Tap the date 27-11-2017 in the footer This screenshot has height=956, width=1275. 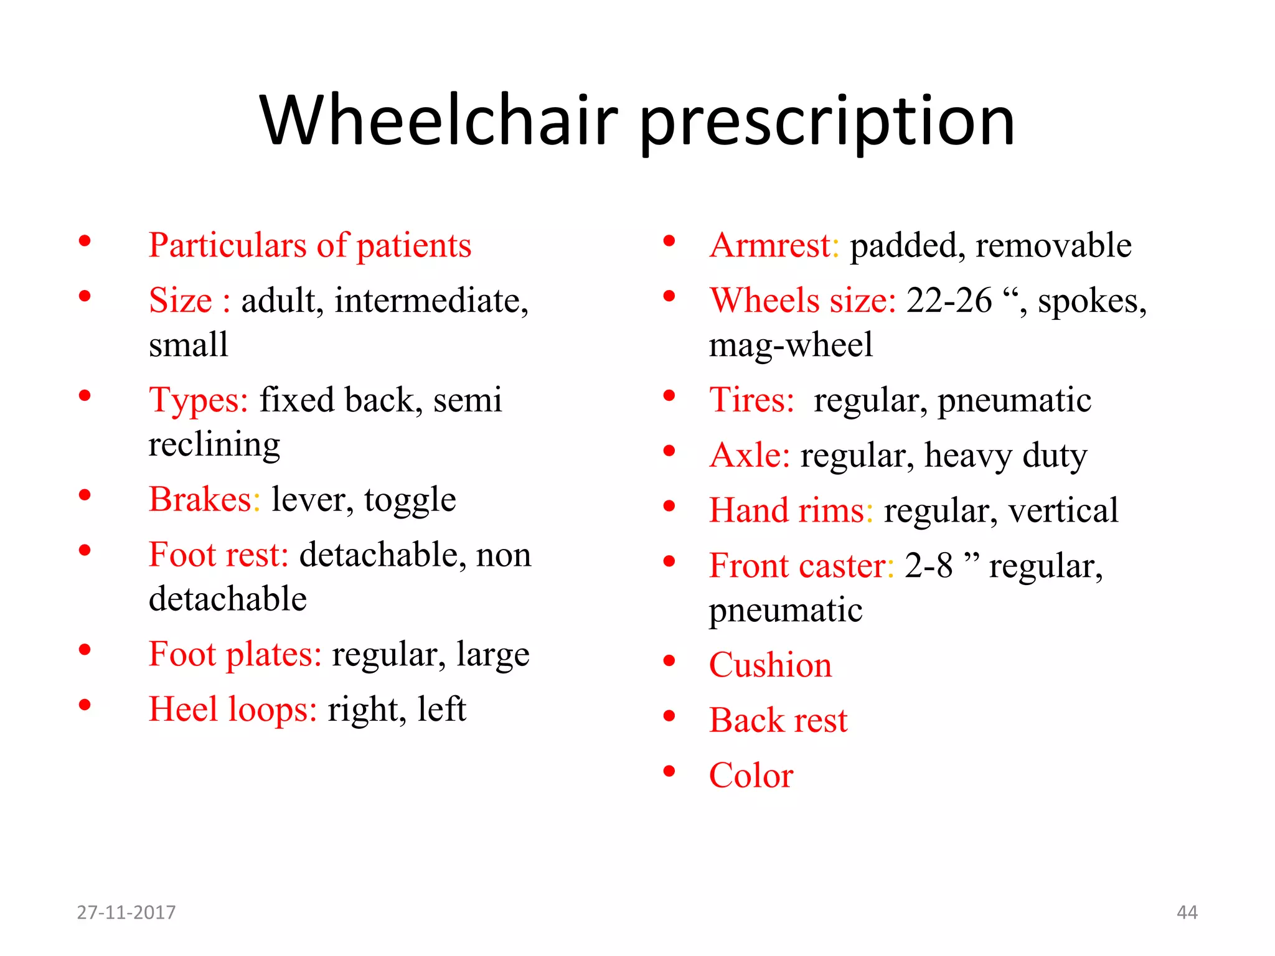click(x=126, y=912)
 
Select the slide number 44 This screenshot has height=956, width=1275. click(x=1187, y=912)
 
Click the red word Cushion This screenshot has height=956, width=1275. click(x=770, y=665)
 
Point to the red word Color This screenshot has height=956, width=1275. click(x=751, y=776)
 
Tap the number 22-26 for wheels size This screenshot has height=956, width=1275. click(x=948, y=301)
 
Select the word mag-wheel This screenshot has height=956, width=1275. click(x=791, y=345)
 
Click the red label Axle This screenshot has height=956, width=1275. click(x=749, y=455)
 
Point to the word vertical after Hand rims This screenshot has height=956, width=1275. click(x=1063, y=510)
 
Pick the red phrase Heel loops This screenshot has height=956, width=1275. click(x=233, y=710)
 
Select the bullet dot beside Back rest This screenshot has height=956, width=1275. click(x=669, y=716)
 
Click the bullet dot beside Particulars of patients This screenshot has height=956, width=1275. click(x=85, y=241)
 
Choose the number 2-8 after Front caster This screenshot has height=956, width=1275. click(x=928, y=566)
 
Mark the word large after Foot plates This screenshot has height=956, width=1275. click(x=492, y=655)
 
